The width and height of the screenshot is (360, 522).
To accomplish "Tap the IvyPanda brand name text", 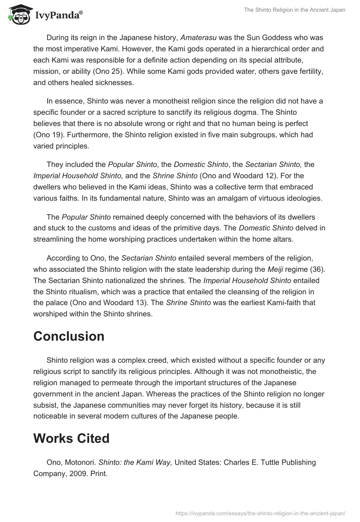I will (x=58, y=15).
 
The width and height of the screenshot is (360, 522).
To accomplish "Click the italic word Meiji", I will (x=274, y=270).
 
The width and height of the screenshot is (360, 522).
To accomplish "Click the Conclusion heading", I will (x=69, y=337).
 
